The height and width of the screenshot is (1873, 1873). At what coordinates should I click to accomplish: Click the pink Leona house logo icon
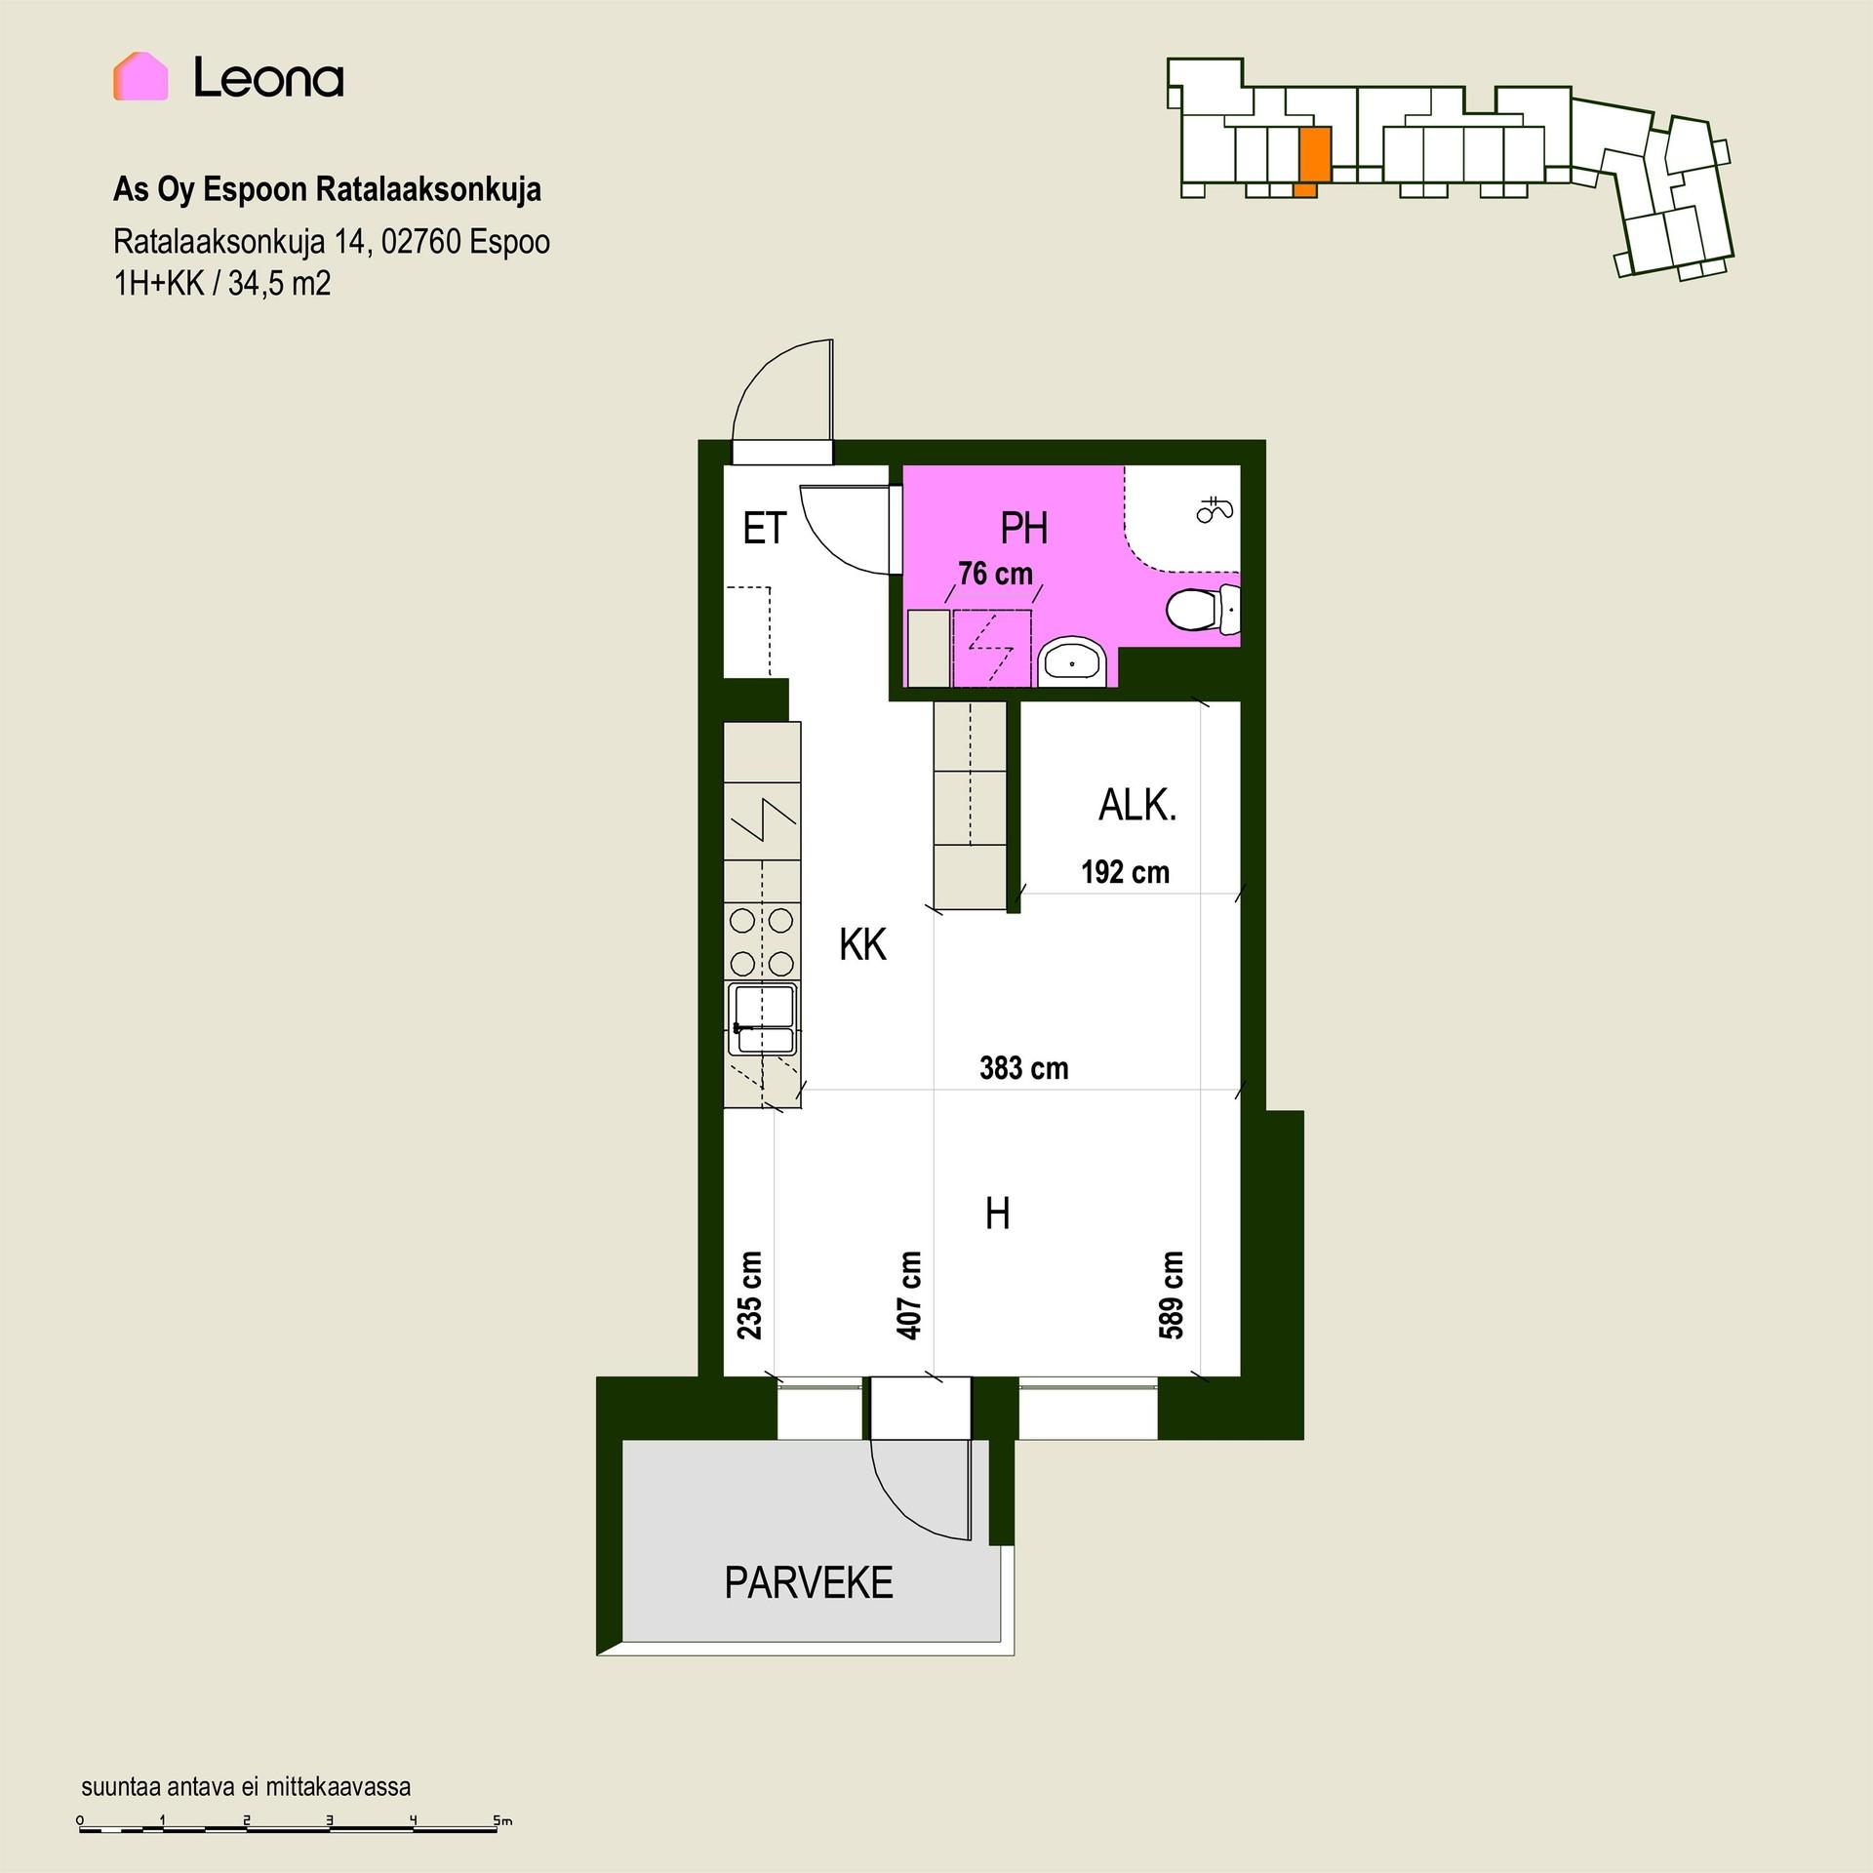140,76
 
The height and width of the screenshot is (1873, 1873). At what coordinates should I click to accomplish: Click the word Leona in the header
269,77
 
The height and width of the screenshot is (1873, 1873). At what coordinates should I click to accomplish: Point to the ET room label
764,529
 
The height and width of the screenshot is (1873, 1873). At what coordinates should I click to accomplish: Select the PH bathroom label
1024,529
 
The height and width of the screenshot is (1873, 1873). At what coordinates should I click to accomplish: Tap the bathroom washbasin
1072,663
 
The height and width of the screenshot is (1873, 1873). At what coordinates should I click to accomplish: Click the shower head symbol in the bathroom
1215,509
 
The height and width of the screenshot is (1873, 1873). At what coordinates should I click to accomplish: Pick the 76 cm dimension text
995,574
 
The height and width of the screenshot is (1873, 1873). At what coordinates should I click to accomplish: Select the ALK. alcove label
1137,806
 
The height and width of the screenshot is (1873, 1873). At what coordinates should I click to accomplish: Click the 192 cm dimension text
1125,872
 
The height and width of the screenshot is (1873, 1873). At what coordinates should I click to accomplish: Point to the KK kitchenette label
863,945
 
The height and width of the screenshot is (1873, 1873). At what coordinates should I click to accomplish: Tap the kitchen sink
762,1019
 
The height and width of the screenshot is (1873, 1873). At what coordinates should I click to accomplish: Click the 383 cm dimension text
1024,1068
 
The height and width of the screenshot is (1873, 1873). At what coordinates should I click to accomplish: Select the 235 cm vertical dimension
749,1295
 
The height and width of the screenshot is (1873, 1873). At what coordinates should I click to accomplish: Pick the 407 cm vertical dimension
908,1295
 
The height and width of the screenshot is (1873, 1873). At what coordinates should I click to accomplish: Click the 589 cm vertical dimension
1171,1295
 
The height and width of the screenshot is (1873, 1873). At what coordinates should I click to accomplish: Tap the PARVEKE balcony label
809,1582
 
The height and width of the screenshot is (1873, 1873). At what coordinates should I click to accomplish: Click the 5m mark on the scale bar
501,1820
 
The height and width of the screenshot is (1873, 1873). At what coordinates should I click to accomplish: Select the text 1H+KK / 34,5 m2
222,284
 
